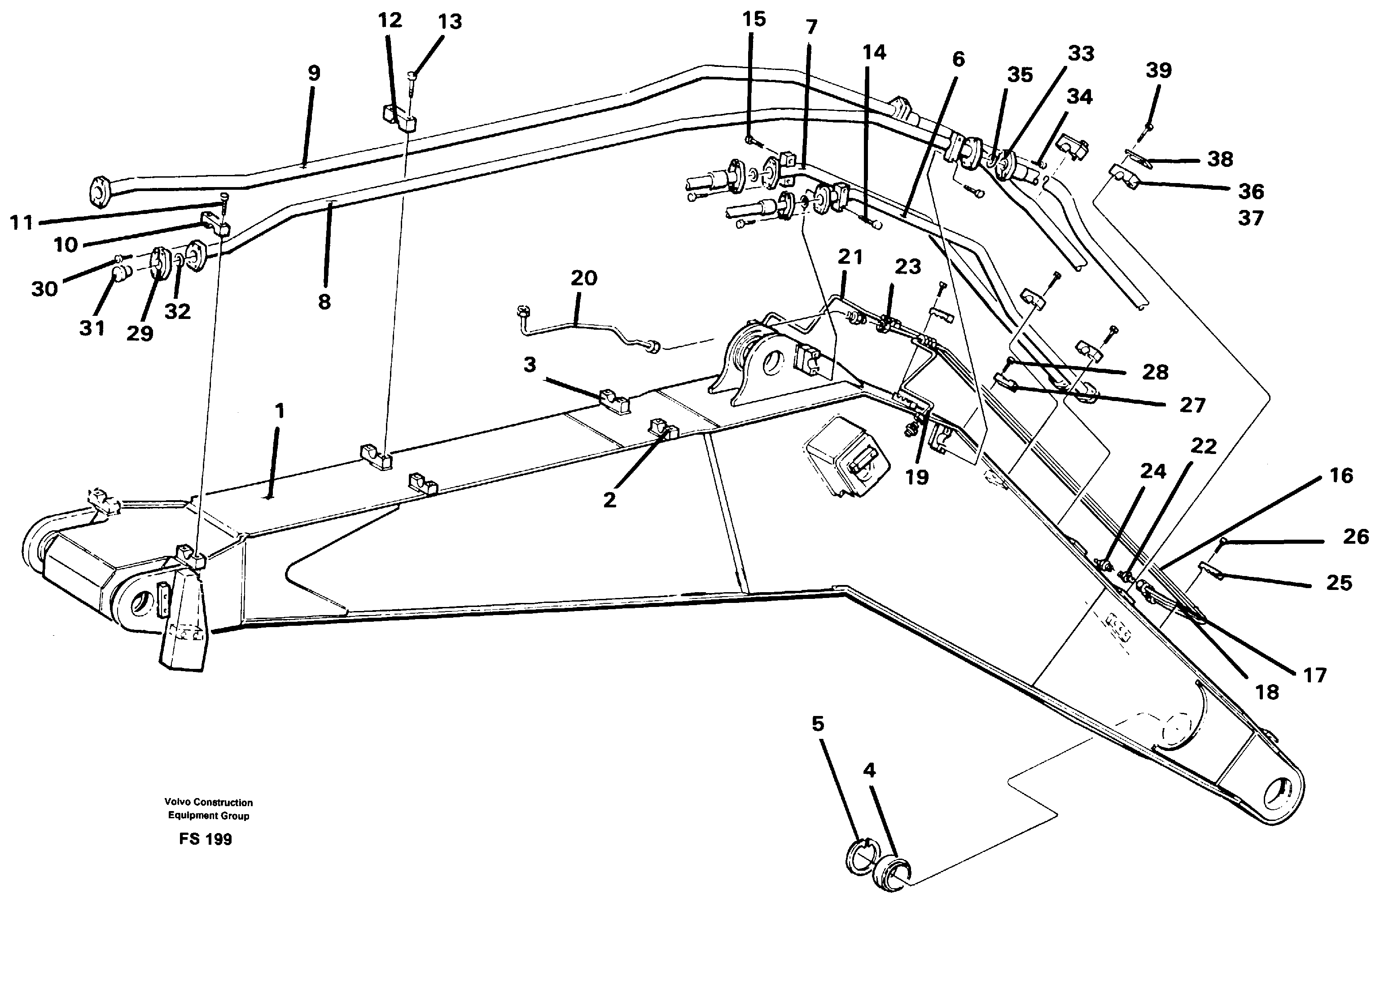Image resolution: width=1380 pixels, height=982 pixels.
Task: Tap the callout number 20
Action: [583, 278]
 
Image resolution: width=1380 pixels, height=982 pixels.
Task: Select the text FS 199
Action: [206, 839]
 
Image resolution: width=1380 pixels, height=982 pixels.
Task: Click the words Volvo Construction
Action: [209, 803]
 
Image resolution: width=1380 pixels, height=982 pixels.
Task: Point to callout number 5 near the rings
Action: [818, 724]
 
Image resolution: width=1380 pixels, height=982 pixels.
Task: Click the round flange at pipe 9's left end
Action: [98, 191]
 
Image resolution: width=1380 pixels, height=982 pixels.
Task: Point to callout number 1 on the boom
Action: [279, 412]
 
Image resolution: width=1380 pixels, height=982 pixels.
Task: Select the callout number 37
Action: [1251, 218]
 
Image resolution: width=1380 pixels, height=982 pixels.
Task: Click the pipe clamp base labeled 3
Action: [614, 403]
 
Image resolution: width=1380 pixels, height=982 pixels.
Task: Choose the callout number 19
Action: [917, 477]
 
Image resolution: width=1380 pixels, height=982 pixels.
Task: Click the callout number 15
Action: [754, 19]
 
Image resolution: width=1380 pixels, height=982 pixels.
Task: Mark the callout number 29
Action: [140, 333]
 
